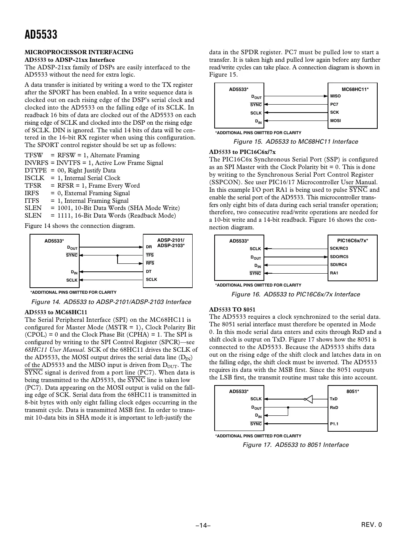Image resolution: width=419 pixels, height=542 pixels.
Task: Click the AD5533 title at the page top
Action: [41, 35]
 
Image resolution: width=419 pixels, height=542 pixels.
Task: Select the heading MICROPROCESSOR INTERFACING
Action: [79, 52]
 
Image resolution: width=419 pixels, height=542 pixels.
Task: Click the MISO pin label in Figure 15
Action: [336, 96]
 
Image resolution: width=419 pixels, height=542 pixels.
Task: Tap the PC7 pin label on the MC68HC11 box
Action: [334, 104]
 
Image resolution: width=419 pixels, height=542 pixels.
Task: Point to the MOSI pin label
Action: [336, 121]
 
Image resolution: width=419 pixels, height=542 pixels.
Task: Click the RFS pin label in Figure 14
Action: [150, 263]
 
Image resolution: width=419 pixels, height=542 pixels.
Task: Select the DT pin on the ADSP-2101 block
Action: [149, 271]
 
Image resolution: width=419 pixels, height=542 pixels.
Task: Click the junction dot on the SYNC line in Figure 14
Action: [118, 255]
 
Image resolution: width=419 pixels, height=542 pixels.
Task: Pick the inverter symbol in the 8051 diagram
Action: [309, 399]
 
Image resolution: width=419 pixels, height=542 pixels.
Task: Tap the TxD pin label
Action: [334, 399]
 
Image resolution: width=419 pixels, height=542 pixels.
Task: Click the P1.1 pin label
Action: [334, 424]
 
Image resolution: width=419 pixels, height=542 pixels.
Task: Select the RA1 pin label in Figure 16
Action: [334, 273]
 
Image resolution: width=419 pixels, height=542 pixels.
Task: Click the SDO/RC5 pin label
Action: [339, 257]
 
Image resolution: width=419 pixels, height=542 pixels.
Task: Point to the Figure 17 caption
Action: [295, 445]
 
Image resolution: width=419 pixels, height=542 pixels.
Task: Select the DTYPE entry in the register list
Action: [36, 171]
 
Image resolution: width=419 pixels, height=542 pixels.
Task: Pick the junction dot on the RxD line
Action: [288, 408]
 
